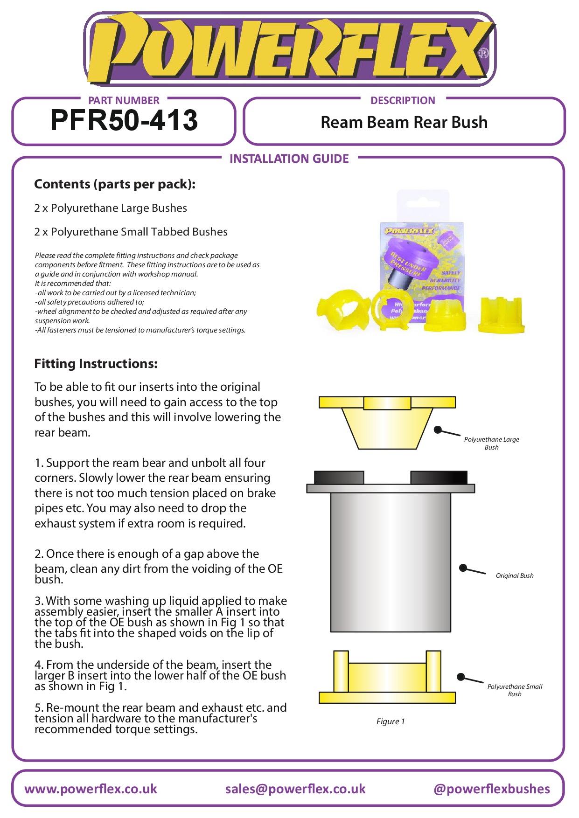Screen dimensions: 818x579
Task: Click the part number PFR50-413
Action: pos(124,120)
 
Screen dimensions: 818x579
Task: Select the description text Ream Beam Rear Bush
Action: pos(404,122)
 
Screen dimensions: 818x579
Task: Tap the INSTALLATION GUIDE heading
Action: pos(289,159)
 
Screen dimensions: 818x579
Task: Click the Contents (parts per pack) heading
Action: pos(115,184)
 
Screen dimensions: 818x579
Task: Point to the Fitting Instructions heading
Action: pos(96,364)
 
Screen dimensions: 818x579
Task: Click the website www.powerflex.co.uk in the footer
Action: pos(91,789)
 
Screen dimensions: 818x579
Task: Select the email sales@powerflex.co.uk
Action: pos(295,789)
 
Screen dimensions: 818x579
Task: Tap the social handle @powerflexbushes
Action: pos(492,789)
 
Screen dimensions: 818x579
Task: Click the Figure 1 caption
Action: pos(391,721)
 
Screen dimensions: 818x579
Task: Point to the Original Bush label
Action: pos(515,575)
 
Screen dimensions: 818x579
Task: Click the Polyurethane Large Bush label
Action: pos(491,443)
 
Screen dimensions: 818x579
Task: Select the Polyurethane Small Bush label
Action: pos(515,690)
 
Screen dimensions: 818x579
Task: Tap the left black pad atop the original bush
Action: pos(339,478)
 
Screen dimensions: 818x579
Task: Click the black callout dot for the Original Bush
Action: pos(463,568)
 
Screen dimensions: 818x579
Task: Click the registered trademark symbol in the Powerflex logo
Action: pos(484,53)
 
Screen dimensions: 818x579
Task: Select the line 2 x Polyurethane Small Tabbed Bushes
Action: pos(131,232)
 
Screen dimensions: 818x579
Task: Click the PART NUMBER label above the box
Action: pos(124,100)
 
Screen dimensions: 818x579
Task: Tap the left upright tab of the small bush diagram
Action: pos(341,671)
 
